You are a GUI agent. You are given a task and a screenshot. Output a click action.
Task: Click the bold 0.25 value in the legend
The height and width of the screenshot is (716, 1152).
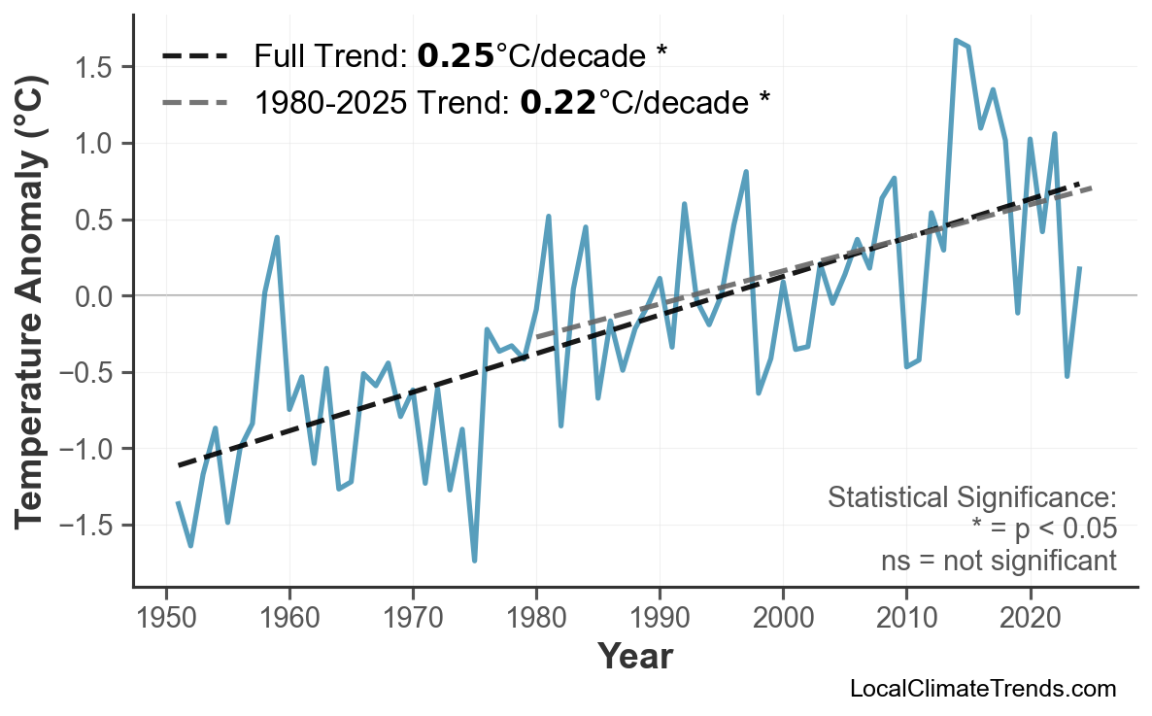[456, 56]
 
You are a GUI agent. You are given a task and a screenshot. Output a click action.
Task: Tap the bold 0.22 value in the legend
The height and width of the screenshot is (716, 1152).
[558, 101]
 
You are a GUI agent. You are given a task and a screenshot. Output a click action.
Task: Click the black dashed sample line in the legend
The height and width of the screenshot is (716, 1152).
[194, 56]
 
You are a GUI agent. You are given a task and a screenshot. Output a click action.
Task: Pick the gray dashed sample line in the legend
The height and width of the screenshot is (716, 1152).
[194, 101]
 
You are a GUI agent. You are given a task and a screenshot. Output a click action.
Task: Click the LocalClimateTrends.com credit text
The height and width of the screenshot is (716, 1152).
[982, 689]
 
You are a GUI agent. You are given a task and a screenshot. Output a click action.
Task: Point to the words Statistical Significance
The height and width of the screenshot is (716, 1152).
[971, 498]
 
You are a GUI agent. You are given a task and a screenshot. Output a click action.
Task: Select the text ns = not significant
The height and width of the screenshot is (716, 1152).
[998, 561]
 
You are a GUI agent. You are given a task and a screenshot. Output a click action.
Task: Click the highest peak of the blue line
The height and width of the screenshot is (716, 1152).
[956, 41]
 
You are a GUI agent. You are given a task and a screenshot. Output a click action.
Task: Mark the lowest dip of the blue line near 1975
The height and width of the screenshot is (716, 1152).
[474, 561]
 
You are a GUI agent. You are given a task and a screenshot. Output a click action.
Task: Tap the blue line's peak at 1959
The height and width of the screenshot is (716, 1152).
[277, 237]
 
